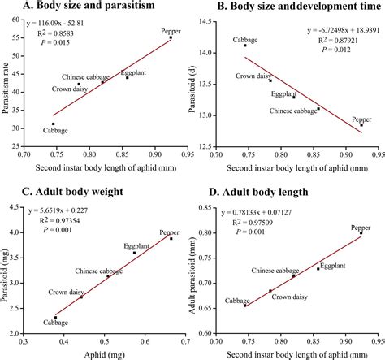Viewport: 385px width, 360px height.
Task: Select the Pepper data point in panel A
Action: pyautogui.click(x=171, y=37)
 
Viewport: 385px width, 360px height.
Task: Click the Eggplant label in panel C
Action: pyautogui.click(x=136, y=245)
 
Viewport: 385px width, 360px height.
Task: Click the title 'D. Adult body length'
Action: pyautogui.click(x=260, y=192)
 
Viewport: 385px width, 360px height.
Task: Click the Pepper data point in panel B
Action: pyautogui.click(x=361, y=124)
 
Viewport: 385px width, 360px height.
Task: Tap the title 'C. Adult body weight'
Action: pyautogui.click(x=72, y=192)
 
